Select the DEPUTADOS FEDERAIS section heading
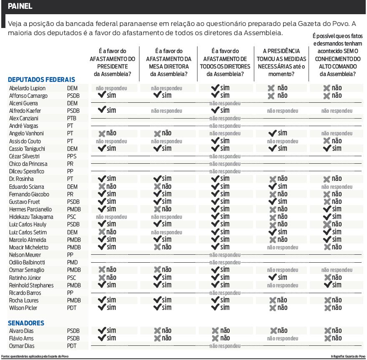pos(41,79)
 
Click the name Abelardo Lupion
pos(27,88)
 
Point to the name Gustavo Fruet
pos(24,202)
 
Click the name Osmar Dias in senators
pos(22,346)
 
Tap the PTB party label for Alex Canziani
pos(72,118)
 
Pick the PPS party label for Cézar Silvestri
pos(72,156)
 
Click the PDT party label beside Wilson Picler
pos(72,308)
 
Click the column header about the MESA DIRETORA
pos(168,63)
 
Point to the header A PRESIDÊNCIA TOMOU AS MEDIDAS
pos(281,63)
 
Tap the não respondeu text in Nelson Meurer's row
pos(225,255)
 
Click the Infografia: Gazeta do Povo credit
pos(348,356)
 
